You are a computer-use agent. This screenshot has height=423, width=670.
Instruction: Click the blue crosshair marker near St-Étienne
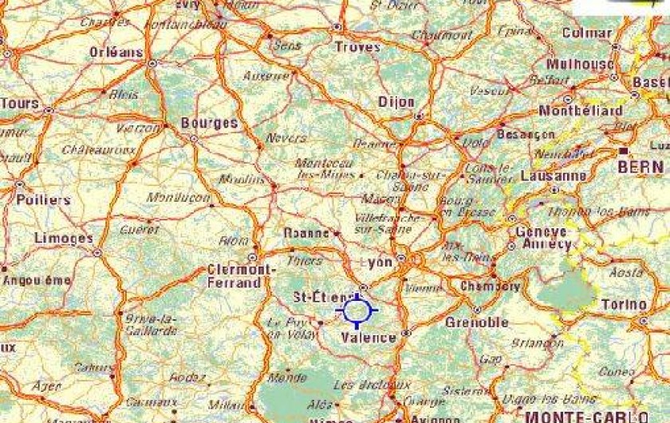(357, 310)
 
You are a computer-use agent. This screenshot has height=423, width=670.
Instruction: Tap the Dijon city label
(396, 102)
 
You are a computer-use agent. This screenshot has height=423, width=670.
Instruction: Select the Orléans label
(116, 53)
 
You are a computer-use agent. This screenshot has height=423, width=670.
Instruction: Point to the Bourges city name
(210, 123)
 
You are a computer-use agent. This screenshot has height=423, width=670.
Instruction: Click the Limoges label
(64, 239)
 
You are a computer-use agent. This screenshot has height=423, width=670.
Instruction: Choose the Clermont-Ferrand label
(234, 276)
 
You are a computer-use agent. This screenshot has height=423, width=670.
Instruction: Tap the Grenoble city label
(477, 322)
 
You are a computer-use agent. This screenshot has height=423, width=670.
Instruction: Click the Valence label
(368, 338)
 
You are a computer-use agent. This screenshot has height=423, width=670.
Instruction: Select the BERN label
(640, 167)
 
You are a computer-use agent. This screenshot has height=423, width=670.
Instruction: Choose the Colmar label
(587, 34)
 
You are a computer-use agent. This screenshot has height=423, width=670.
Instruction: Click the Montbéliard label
(581, 110)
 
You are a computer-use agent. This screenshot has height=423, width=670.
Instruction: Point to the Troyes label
(357, 48)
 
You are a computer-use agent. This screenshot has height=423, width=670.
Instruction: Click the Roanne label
(307, 233)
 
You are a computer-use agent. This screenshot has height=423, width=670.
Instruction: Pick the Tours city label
(20, 104)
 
